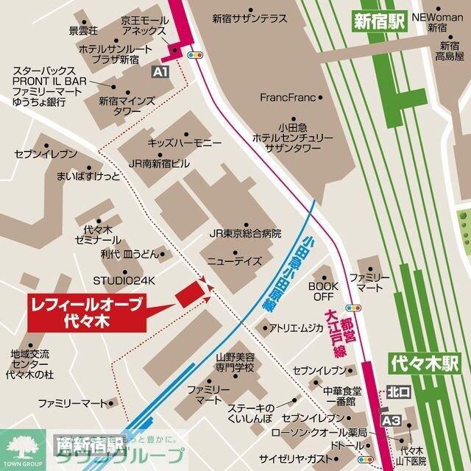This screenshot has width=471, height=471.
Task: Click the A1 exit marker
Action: pos(160,71)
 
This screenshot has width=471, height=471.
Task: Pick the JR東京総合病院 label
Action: pos(245,233)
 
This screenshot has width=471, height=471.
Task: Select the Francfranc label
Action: pos(292,97)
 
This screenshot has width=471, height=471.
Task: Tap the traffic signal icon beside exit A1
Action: pos(196,54)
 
